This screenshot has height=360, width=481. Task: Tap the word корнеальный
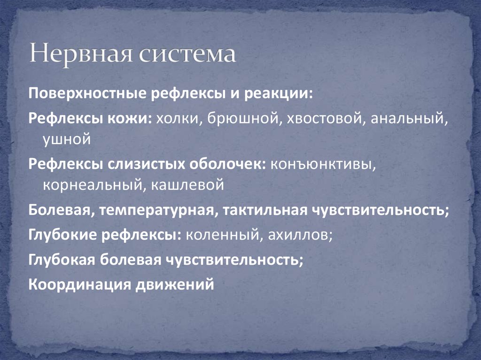93,184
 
